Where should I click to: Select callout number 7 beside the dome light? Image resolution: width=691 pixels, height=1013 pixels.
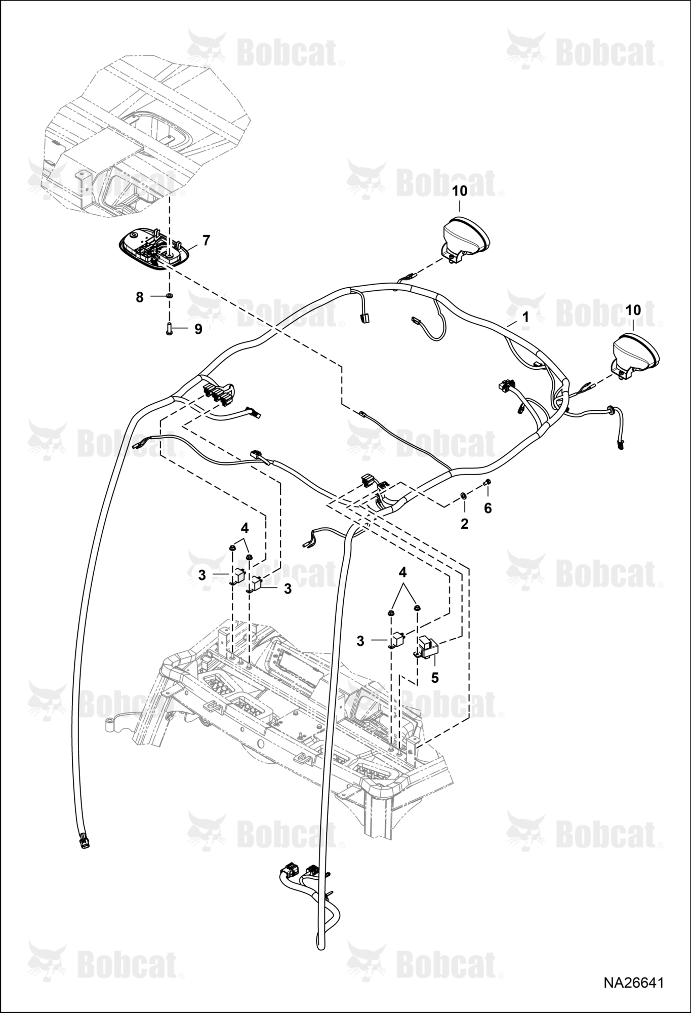coord(206,241)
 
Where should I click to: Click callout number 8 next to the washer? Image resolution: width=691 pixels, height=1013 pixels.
coord(140,297)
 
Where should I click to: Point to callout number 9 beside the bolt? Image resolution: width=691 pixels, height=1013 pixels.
coord(198,329)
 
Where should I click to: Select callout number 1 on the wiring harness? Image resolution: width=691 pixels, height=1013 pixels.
coord(525,318)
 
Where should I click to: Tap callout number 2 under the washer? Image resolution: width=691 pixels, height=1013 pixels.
coord(465,524)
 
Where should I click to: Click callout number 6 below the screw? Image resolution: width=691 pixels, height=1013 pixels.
coord(488,508)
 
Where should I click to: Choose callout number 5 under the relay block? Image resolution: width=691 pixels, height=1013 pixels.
coord(435,677)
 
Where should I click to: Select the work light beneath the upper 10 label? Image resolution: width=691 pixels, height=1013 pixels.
coord(466,238)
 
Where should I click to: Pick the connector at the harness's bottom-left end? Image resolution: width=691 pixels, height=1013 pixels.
coord(84,841)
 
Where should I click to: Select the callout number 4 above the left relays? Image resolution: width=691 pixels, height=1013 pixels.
coord(245,528)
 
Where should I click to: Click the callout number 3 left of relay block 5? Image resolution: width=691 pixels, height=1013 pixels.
coord(360,641)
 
